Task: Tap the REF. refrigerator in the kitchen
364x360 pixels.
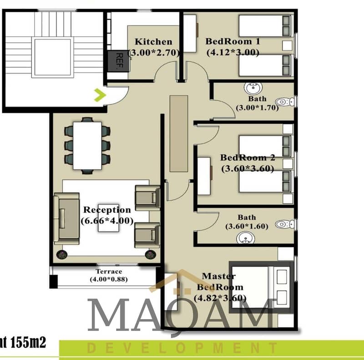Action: [118, 61]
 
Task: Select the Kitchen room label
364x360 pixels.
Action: [153, 42]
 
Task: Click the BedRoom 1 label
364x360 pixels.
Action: [233, 41]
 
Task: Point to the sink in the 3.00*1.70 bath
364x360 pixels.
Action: [253, 88]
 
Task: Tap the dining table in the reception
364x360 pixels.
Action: [87, 145]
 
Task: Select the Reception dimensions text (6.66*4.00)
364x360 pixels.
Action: [107, 220]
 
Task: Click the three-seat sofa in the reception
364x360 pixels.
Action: [66, 219]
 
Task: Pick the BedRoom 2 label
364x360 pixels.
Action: [248, 157]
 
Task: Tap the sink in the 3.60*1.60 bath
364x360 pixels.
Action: [245, 238]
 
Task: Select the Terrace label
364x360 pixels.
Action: [109, 271]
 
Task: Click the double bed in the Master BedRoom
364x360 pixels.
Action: [261, 287]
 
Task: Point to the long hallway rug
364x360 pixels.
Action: [179, 133]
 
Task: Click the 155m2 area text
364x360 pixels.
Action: [28, 342]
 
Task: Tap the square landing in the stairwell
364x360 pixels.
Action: [53, 57]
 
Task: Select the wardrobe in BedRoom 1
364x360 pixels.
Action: [190, 33]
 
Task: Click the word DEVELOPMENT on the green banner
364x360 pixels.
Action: [182, 348]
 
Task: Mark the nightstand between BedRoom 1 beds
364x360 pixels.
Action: [287, 45]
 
